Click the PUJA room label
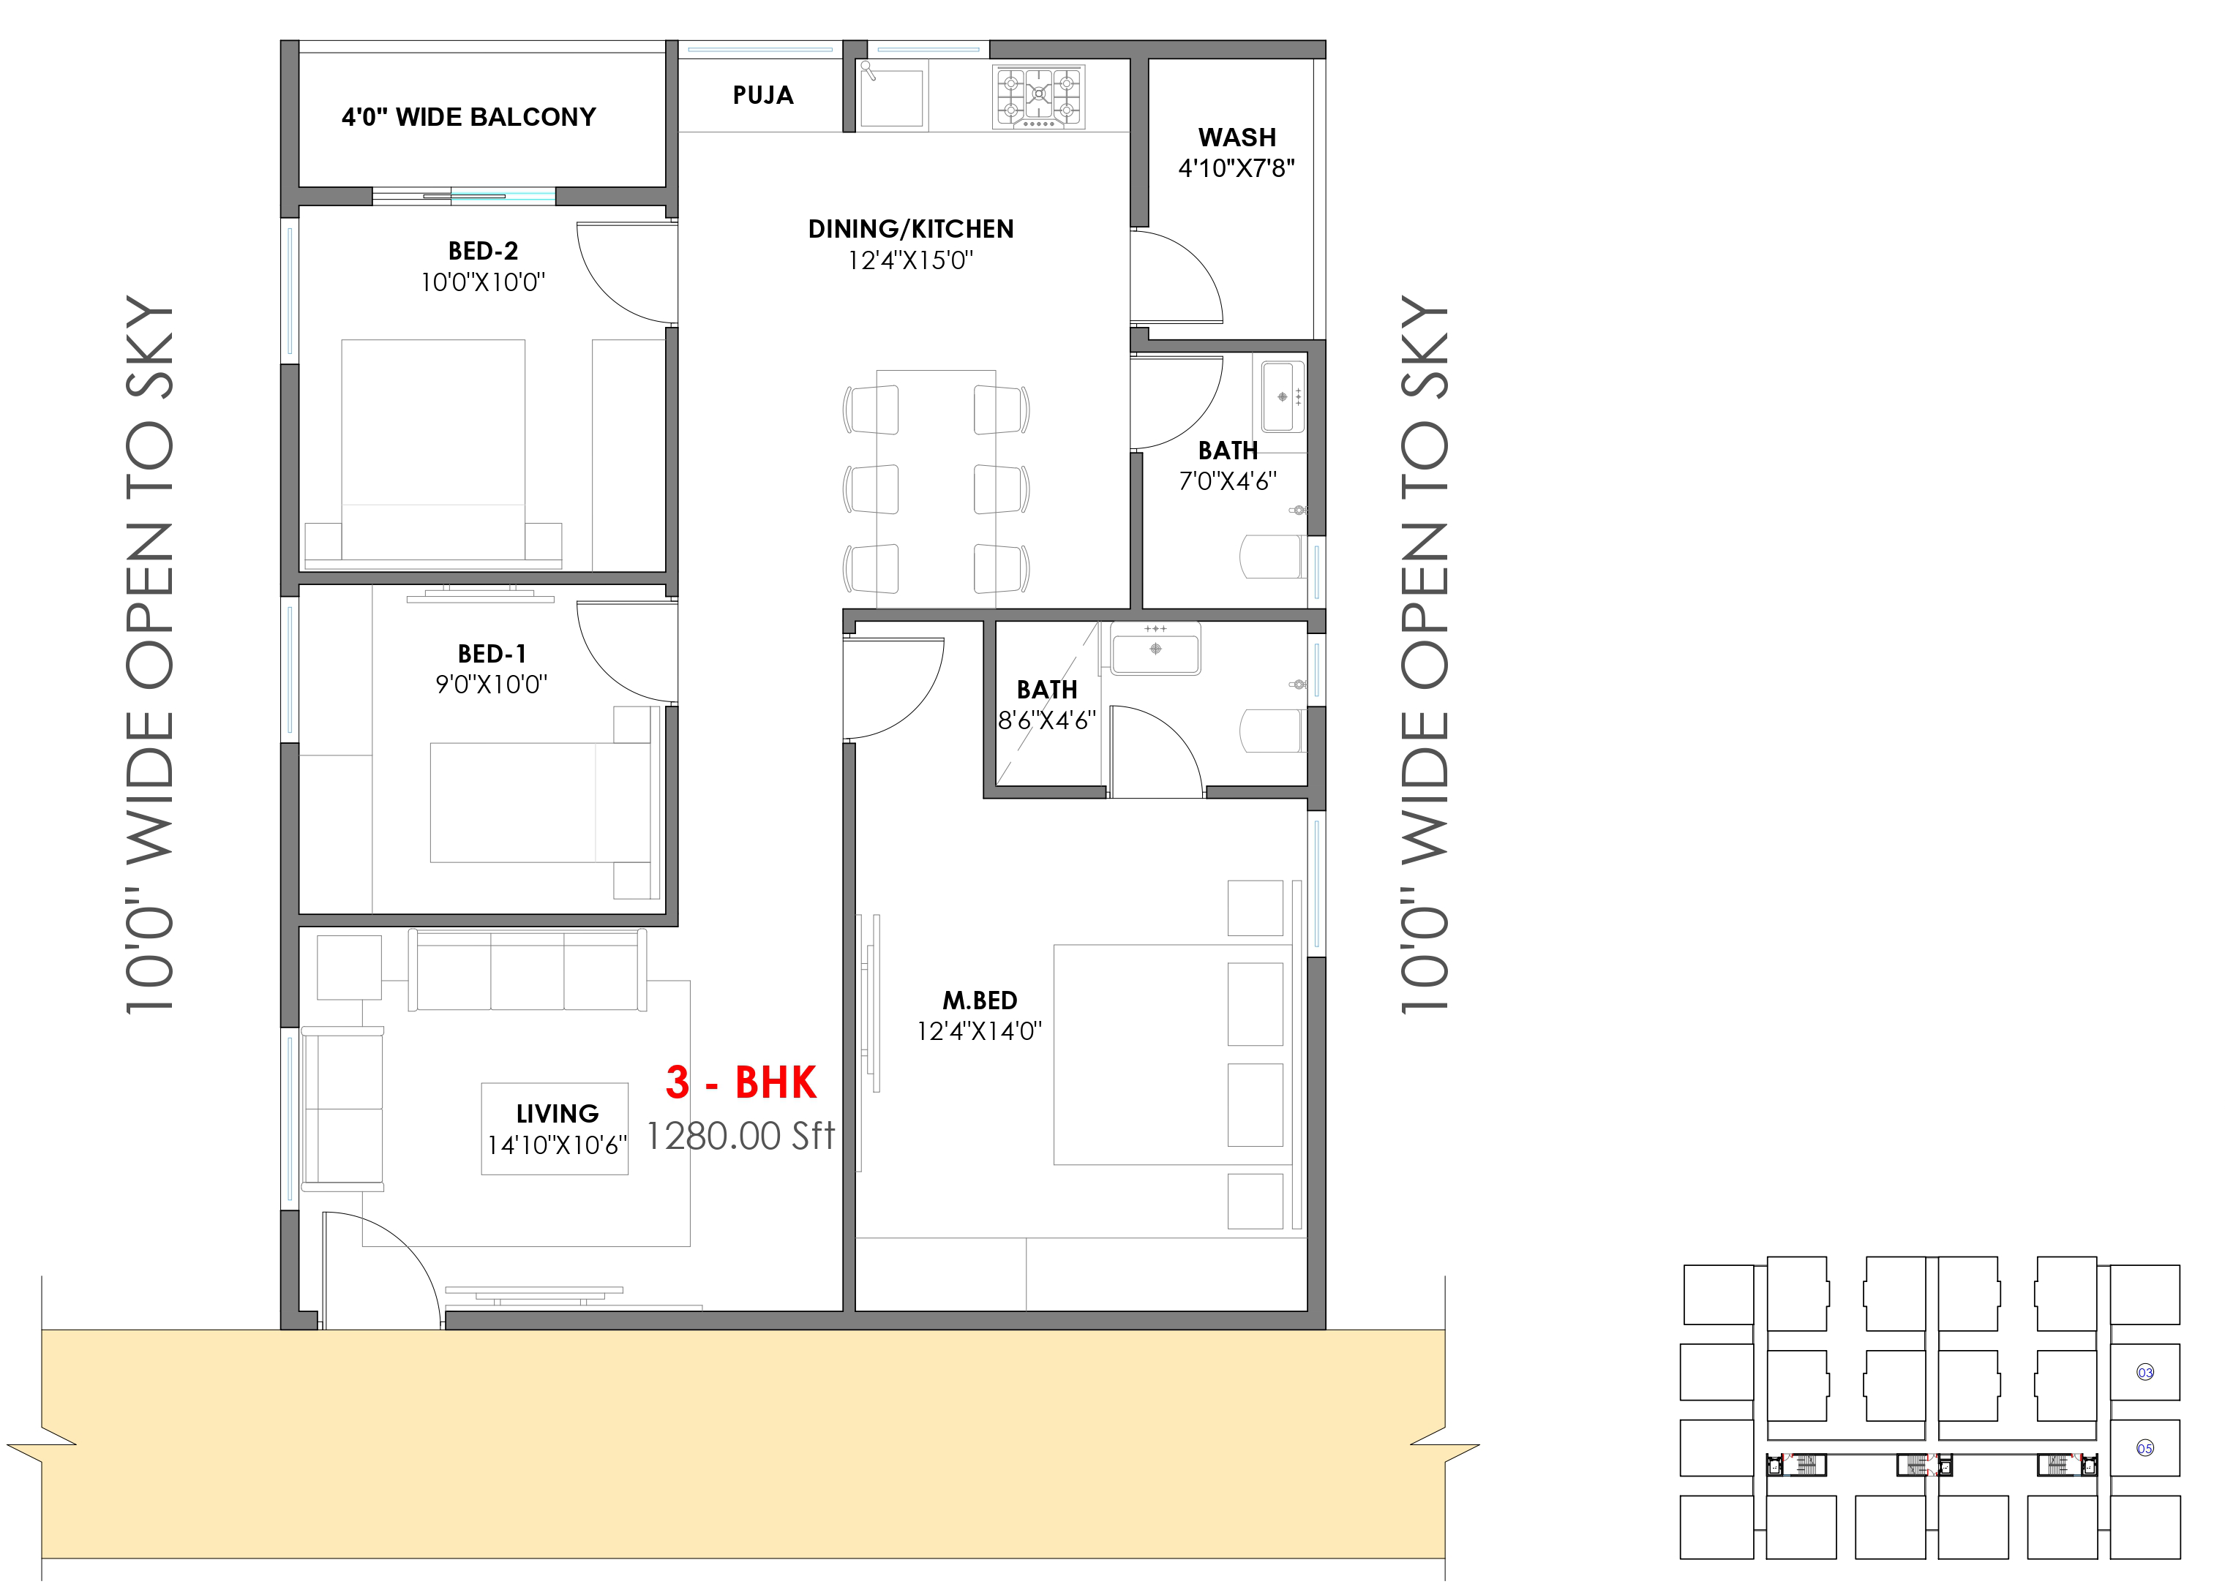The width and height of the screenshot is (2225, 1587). (x=762, y=96)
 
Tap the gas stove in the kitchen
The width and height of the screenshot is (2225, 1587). (x=1038, y=97)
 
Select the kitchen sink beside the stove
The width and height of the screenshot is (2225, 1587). (x=890, y=95)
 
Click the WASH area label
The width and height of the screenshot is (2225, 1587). (x=1237, y=137)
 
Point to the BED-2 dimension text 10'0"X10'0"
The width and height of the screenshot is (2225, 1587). (x=483, y=282)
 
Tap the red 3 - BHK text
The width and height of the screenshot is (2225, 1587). (x=741, y=1082)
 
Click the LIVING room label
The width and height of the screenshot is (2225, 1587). (x=558, y=1113)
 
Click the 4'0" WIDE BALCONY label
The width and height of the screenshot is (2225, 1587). (x=468, y=117)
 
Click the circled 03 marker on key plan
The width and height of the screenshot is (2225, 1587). (x=2145, y=1372)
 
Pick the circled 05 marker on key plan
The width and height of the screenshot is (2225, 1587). (x=2145, y=1448)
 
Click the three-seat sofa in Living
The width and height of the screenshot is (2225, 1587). (x=527, y=970)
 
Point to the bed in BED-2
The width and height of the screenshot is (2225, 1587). (x=433, y=453)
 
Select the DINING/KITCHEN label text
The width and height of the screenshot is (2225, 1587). (x=910, y=230)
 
